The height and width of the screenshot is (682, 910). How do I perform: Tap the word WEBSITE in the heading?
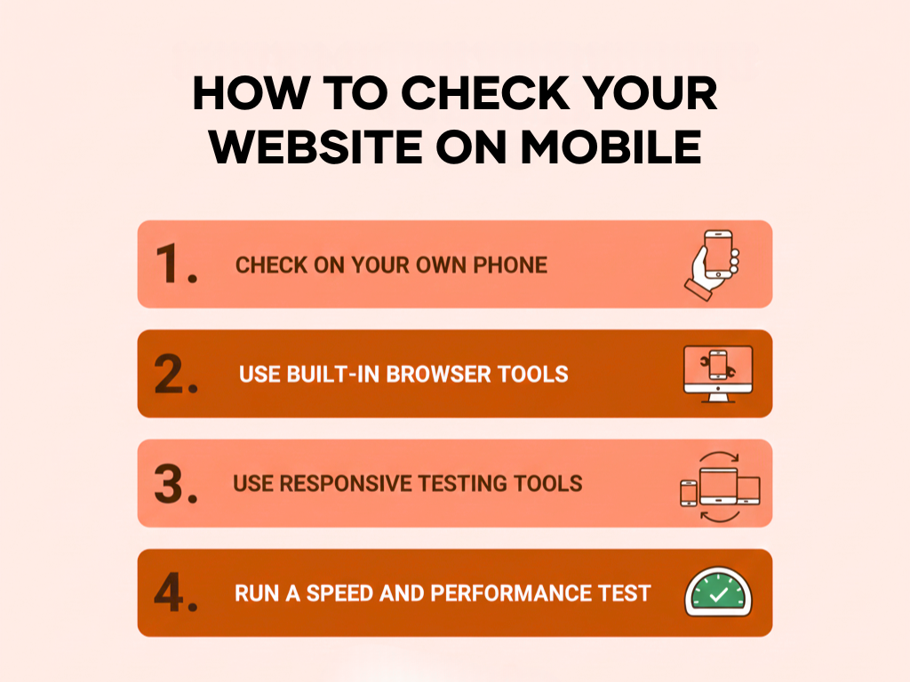pyautogui.click(x=316, y=147)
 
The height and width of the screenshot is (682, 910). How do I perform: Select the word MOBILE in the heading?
pyautogui.click(x=611, y=147)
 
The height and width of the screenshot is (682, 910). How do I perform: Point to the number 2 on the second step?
pyautogui.click(x=169, y=374)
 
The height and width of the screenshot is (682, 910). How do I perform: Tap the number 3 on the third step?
pyautogui.click(x=169, y=483)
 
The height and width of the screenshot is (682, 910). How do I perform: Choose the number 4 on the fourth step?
pyautogui.click(x=169, y=592)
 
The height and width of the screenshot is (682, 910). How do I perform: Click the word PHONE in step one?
pyautogui.click(x=510, y=265)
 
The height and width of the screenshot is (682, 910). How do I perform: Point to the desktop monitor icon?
pyautogui.click(x=718, y=374)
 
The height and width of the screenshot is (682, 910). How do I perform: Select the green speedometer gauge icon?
pyautogui.click(x=718, y=591)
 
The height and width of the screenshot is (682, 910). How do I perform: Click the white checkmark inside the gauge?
pyautogui.click(x=718, y=594)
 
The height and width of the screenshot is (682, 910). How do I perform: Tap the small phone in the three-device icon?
pyautogui.click(x=689, y=494)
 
